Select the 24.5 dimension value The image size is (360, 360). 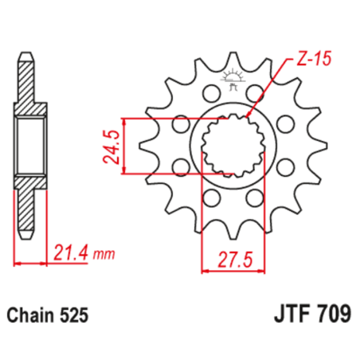tap(112, 145)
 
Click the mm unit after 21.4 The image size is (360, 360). tap(103, 256)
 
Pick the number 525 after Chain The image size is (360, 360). tap(76, 314)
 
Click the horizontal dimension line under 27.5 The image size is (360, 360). tap(229, 271)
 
